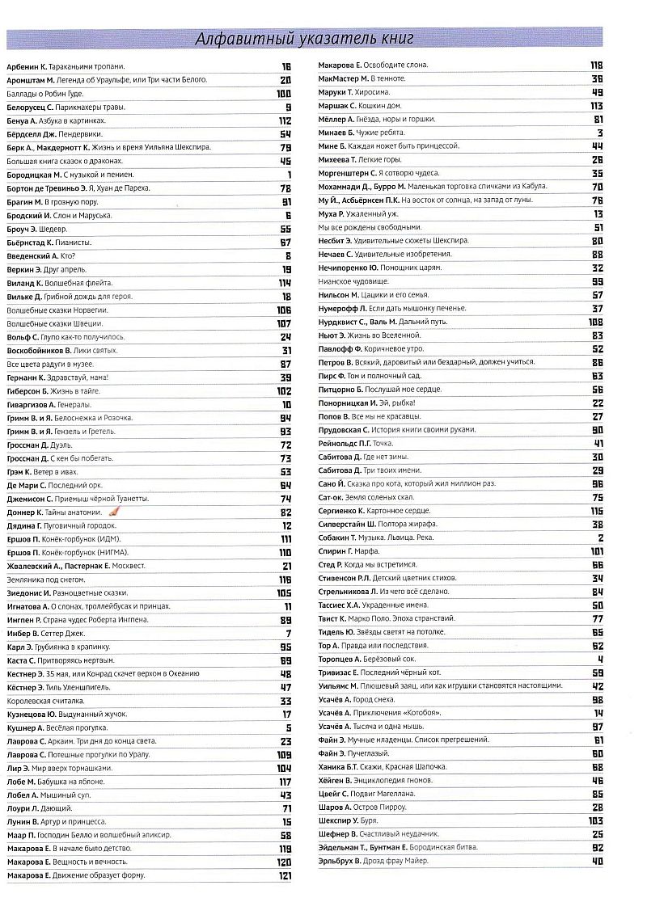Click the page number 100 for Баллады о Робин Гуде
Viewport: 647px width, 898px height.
point(283,94)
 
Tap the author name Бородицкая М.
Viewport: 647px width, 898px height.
point(35,175)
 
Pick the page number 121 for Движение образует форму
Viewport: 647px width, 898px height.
point(284,876)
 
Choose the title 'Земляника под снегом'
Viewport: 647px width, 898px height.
point(44,580)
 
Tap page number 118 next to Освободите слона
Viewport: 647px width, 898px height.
point(597,65)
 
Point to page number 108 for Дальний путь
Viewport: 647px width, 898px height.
point(597,322)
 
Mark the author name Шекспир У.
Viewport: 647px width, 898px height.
point(344,820)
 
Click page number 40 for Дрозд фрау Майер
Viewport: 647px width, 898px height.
point(598,861)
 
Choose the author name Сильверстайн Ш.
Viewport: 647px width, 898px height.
point(352,524)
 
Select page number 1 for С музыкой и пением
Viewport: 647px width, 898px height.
point(289,175)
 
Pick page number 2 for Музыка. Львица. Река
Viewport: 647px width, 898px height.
point(601,538)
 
